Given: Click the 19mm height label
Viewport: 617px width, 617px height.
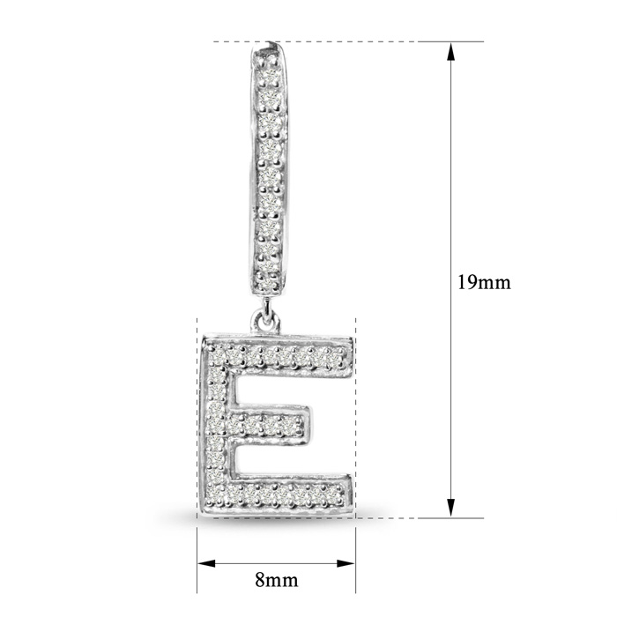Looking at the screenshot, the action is coord(484,282).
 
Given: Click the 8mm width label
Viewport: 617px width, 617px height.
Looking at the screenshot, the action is coord(276,579).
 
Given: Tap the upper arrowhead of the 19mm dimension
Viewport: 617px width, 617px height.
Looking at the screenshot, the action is coord(451,51).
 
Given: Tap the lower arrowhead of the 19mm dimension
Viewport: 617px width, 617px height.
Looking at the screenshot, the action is coord(451,508).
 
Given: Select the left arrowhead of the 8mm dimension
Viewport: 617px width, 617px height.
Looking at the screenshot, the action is coord(206,563).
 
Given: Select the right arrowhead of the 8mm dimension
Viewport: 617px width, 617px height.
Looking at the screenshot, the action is coord(346,563).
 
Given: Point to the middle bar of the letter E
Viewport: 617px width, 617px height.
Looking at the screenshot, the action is coord(268,424).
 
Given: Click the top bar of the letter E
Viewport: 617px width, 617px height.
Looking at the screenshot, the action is coord(278,356).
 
